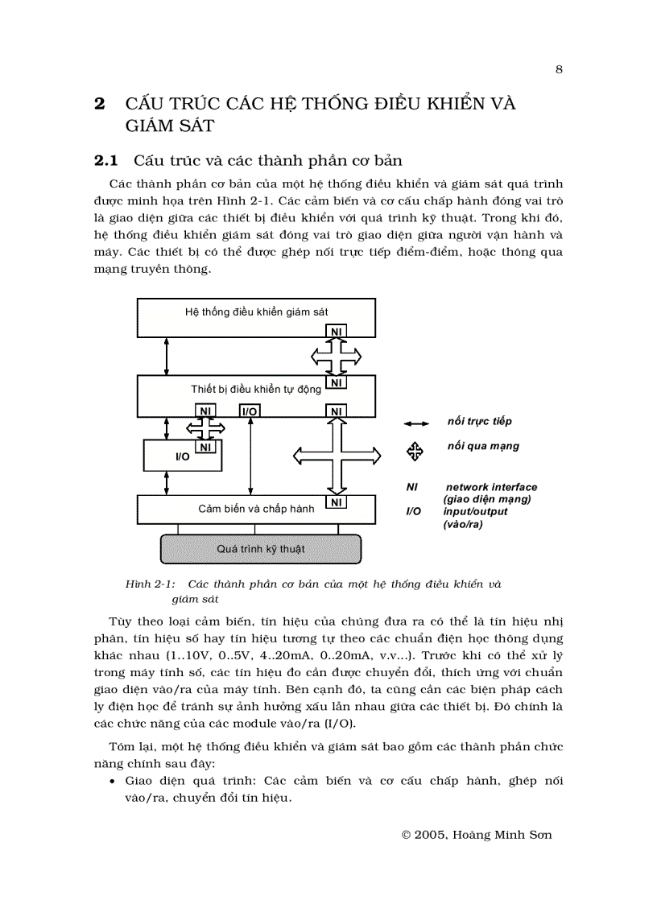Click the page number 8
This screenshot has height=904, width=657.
[x=559, y=69]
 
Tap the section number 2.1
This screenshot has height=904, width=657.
[x=106, y=160]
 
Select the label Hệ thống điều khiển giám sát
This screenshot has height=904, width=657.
[x=256, y=312]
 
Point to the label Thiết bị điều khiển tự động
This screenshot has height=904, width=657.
[x=255, y=389]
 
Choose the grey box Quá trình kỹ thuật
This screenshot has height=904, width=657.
[x=260, y=549]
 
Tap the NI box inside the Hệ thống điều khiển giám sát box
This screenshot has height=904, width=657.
[x=337, y=331]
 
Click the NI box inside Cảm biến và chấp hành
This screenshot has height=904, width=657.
[x=337, y=503]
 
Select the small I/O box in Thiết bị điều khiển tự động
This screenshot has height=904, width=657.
[x=250, y=411]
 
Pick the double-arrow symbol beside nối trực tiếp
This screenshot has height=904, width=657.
[x=415, y=423]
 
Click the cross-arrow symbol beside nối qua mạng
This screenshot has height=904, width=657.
[x=415, y=452]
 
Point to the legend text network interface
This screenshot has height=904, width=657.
[x=491, y=487]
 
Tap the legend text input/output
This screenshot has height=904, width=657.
[x=475, y=511]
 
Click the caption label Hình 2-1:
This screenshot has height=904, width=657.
[x=151, y=584]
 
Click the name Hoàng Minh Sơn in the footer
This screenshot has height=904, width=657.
[x=506, y=835]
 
